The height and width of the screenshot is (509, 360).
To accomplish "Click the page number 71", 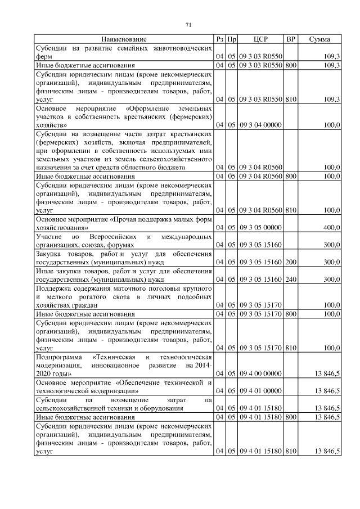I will click(x=188, y=24).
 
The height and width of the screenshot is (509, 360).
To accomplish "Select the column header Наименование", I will click(x=124, y=39).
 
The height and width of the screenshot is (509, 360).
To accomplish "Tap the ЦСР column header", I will click(x=260, y=39).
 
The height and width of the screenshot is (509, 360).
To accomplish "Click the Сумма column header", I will click(x=319, y=39).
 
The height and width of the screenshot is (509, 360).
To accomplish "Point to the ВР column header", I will click(x=290, y=39).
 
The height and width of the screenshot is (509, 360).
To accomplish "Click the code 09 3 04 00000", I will click(x=260, y=125).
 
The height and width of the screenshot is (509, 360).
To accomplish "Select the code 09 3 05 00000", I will click(x=260, y=228).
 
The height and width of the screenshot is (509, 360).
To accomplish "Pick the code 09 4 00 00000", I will click(x=260, y=373).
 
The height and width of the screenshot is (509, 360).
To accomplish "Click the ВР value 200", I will click(x=290, y=262).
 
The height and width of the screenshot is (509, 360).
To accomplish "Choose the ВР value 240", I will click(x=290, y=279).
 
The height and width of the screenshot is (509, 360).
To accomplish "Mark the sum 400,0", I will click(x=331, y=228).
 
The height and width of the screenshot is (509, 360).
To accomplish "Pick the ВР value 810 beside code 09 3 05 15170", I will click(x=290, y=348).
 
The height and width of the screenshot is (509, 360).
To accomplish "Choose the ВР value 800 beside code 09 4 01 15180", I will click(x=290, y=417).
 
